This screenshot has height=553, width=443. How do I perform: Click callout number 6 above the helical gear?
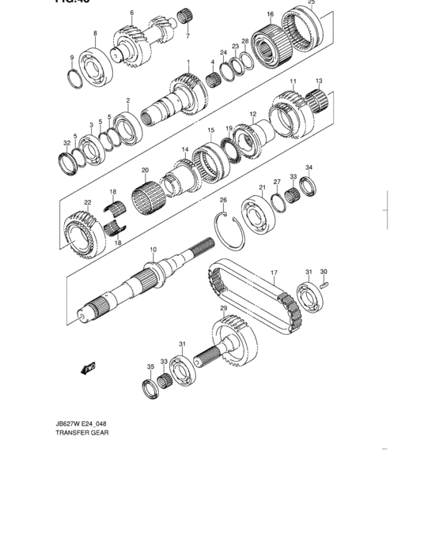point(131,13)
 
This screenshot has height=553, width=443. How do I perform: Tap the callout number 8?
point(95,33)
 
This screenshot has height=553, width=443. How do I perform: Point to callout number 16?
point(270,15)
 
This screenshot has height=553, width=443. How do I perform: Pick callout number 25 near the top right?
point(311,3)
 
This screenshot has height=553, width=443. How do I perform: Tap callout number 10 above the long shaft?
point(153,250)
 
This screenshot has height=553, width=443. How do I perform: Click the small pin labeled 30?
point(324,286)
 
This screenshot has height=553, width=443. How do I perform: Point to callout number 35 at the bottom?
point(150,367)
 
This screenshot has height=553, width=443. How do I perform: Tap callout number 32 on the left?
point(66,143)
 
